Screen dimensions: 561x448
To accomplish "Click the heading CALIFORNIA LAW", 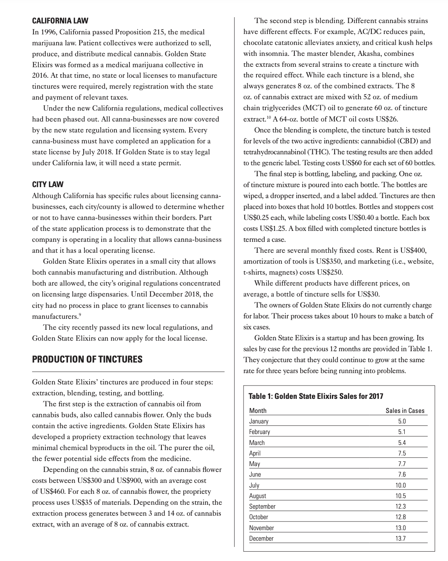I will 60,21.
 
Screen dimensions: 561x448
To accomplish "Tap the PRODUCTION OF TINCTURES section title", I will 87,359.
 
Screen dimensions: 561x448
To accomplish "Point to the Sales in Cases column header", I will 405,411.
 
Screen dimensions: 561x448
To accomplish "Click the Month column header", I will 258,411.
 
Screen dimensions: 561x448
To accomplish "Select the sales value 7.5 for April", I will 401,453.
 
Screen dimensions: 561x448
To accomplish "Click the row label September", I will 262,506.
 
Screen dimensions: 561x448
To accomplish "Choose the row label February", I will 260,432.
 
